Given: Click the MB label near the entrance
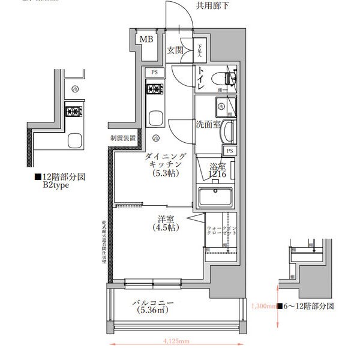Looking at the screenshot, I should (x=146, y=40).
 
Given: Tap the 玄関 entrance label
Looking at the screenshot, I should (x=175, y=50).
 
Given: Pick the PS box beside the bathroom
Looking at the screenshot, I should (x=230, y=150).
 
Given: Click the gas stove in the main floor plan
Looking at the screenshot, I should (x=154, y=90).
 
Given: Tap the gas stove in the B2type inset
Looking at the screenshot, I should (x=74, y=111).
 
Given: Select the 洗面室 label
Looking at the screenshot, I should (x=208, y=125).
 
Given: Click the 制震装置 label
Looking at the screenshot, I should (x=123, y=138).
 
